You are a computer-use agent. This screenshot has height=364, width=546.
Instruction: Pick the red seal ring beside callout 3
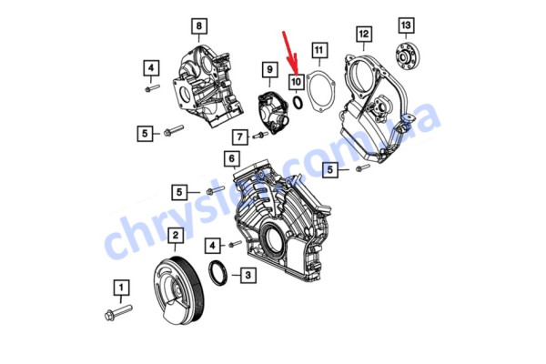tap(220, 274)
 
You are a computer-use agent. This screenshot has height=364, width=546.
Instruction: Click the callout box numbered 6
tap(233, 158)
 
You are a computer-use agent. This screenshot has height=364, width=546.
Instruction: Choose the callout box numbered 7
tap(239, 137)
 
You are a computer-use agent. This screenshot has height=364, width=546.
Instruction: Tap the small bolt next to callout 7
tap(261, 136)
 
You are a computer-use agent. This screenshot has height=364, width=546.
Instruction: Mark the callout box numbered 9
tap(269, 69)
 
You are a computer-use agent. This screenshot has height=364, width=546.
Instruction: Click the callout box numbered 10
tap(297, 82)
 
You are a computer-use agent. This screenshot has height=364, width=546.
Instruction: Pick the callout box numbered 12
tap(364, 35)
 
